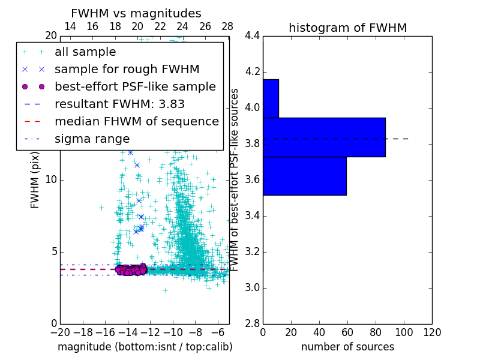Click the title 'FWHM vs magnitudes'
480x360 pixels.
pos(136,13)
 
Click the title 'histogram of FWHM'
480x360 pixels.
pos(347,28)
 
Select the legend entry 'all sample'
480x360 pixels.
pos(85,52)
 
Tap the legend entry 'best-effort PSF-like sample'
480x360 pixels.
pos(135,86)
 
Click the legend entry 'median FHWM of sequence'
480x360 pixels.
pos(136,121)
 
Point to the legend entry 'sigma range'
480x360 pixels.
pos(92,139)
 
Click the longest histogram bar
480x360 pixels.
pos(324,137)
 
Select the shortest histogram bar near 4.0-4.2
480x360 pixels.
pos(271,98)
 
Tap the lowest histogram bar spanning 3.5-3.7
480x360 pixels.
pos(304,176)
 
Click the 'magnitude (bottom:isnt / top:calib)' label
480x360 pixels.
pos(145,347)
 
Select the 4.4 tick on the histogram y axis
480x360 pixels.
pos(253,36)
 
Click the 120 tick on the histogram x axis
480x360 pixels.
pos(431,332)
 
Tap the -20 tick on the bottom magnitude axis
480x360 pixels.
pos(60,332)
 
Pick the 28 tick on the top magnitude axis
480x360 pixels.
pos(227,26)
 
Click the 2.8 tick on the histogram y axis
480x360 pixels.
pos(253,323)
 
